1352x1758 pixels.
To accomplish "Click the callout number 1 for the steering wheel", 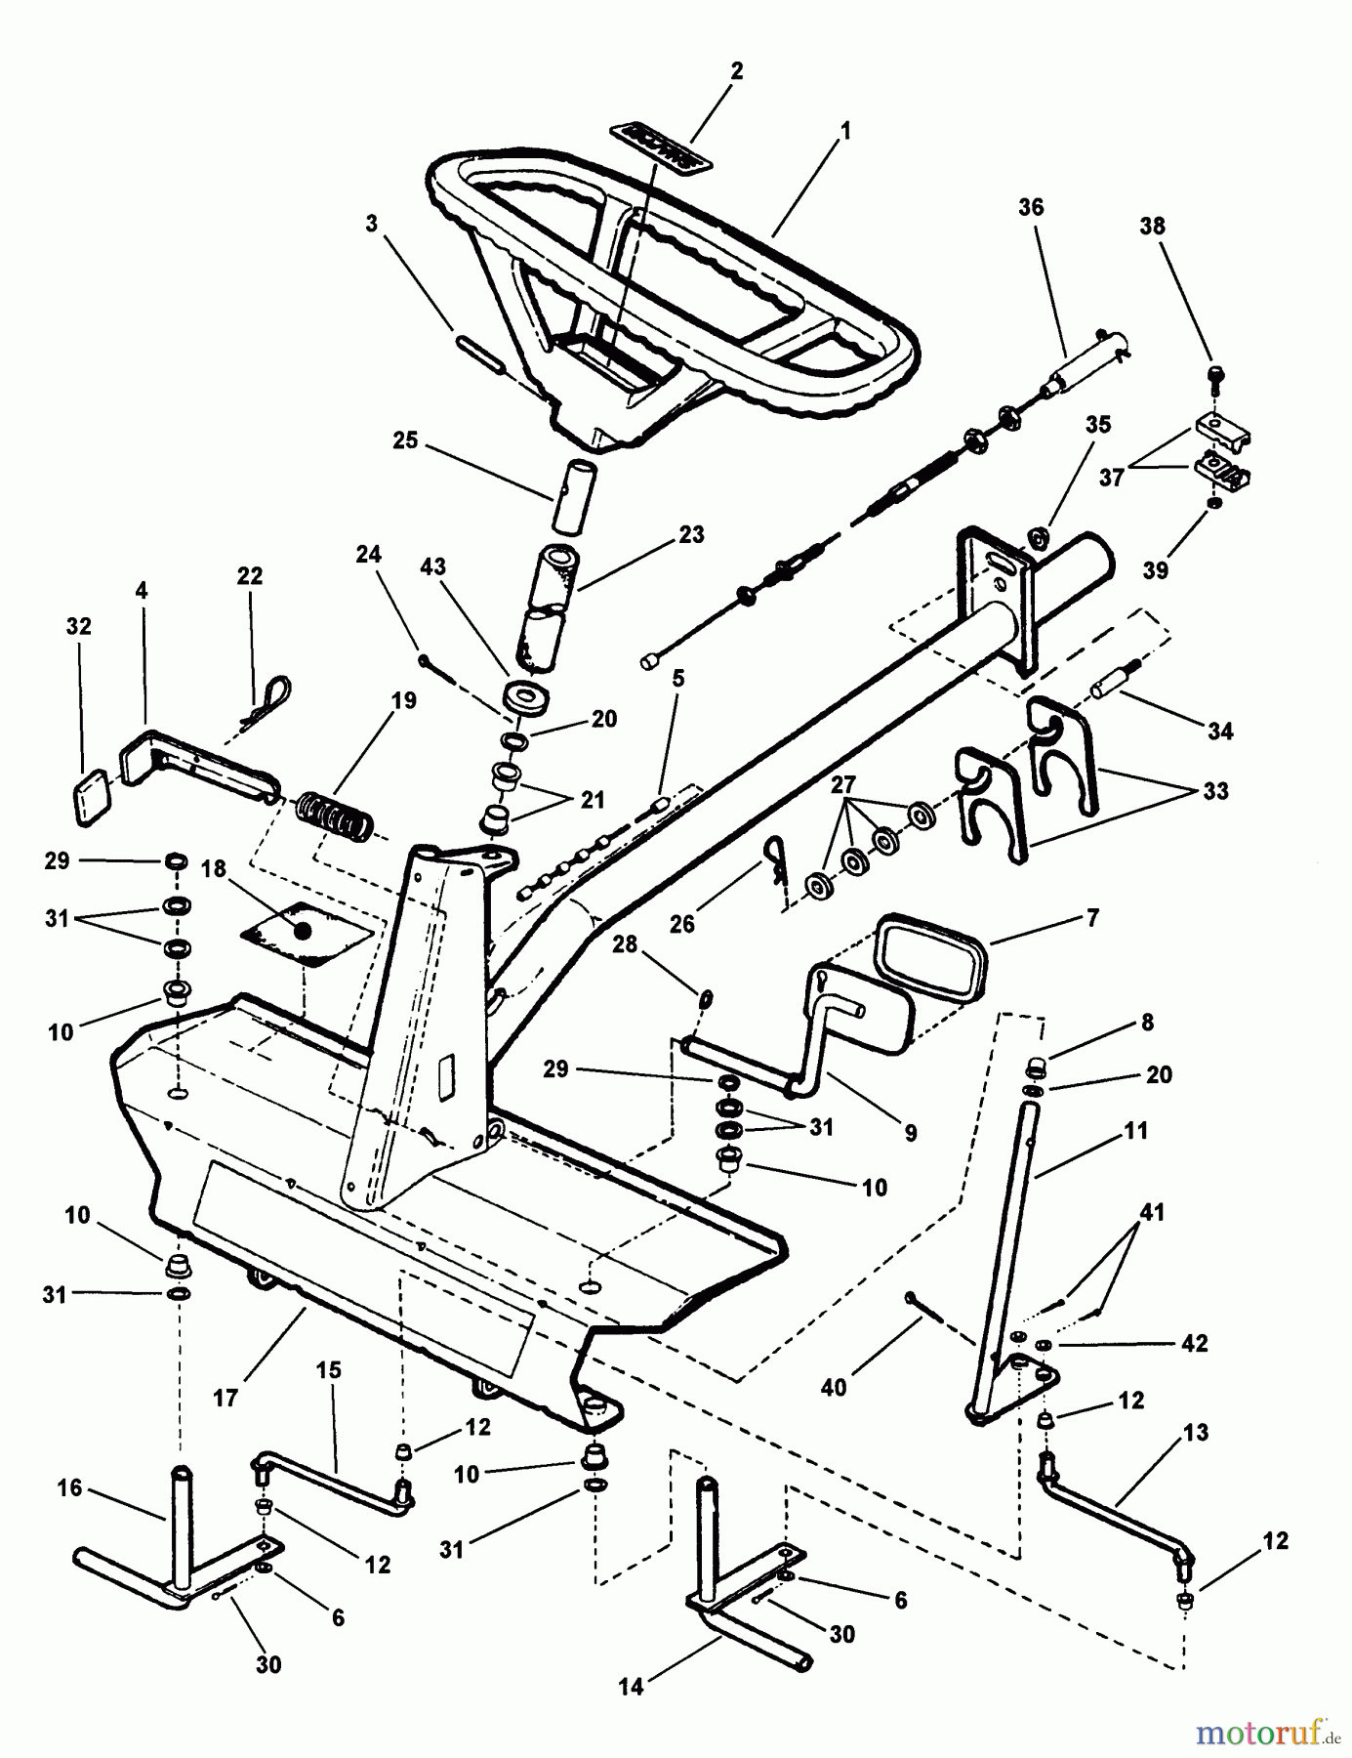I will point(845,131).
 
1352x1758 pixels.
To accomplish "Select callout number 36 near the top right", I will point(1030,207).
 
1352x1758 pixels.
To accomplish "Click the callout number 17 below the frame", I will point(225,1399).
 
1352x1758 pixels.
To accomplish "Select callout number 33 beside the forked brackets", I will point(1214,790).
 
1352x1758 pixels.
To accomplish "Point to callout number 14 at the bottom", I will point(632,1686).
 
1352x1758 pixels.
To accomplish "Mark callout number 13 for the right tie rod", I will point(1195,1433).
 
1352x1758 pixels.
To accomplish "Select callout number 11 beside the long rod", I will point(1135,1131).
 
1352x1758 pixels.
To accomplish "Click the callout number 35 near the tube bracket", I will point(1098,424).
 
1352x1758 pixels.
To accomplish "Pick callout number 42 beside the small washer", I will point(1193,1343).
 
